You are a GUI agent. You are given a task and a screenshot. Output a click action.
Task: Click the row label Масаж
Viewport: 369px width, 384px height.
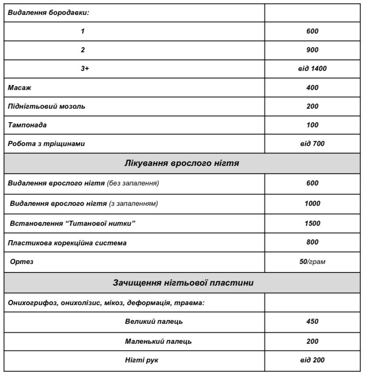(x=20, y=88)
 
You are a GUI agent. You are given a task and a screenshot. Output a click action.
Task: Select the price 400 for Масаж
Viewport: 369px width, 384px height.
(x=312, y=88)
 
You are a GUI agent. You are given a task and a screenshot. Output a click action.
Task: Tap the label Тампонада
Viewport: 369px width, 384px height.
(x=27, y=125)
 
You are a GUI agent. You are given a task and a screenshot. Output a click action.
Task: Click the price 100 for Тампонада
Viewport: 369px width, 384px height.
(x=312, y=125)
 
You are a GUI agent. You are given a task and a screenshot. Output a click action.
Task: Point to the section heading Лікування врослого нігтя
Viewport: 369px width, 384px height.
(x=182, y=163)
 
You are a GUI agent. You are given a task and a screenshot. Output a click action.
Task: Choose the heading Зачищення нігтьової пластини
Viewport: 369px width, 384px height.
(x=183, y=283)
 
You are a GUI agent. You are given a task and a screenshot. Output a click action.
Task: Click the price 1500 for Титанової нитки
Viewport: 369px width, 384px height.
(x=312, y=224)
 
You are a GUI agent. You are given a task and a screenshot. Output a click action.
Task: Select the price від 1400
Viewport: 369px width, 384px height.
(x=312, y=69)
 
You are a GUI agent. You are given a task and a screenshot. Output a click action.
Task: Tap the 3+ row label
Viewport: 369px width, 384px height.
(x=85, y=69)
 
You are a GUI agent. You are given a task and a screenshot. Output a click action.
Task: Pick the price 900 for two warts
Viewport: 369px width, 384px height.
(x=312, y=50)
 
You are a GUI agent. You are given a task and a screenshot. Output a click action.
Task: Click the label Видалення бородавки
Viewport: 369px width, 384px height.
(x=48, y=13)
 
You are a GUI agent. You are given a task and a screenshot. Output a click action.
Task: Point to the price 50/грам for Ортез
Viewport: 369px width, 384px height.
(x=312, y=262)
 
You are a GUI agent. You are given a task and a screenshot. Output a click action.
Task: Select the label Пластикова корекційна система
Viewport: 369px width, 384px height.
(x=67, y=243)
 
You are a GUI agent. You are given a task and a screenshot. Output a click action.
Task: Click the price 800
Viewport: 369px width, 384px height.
(x=312, y=242)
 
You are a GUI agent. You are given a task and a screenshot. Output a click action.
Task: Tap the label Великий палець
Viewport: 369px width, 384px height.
(x=154, y=322)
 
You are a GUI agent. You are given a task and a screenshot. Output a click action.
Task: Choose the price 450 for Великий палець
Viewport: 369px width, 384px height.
(x=312, y=322)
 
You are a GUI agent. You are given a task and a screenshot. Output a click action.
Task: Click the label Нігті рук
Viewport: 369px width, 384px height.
(x=142, y=360)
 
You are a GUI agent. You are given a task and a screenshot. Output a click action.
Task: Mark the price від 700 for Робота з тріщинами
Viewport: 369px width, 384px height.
(x=312, y=144)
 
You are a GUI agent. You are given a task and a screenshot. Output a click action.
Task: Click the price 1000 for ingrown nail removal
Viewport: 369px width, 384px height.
(x=312, y=204)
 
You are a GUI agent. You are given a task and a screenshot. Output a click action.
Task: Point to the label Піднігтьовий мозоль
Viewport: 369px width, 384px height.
(x=47, y=107)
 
